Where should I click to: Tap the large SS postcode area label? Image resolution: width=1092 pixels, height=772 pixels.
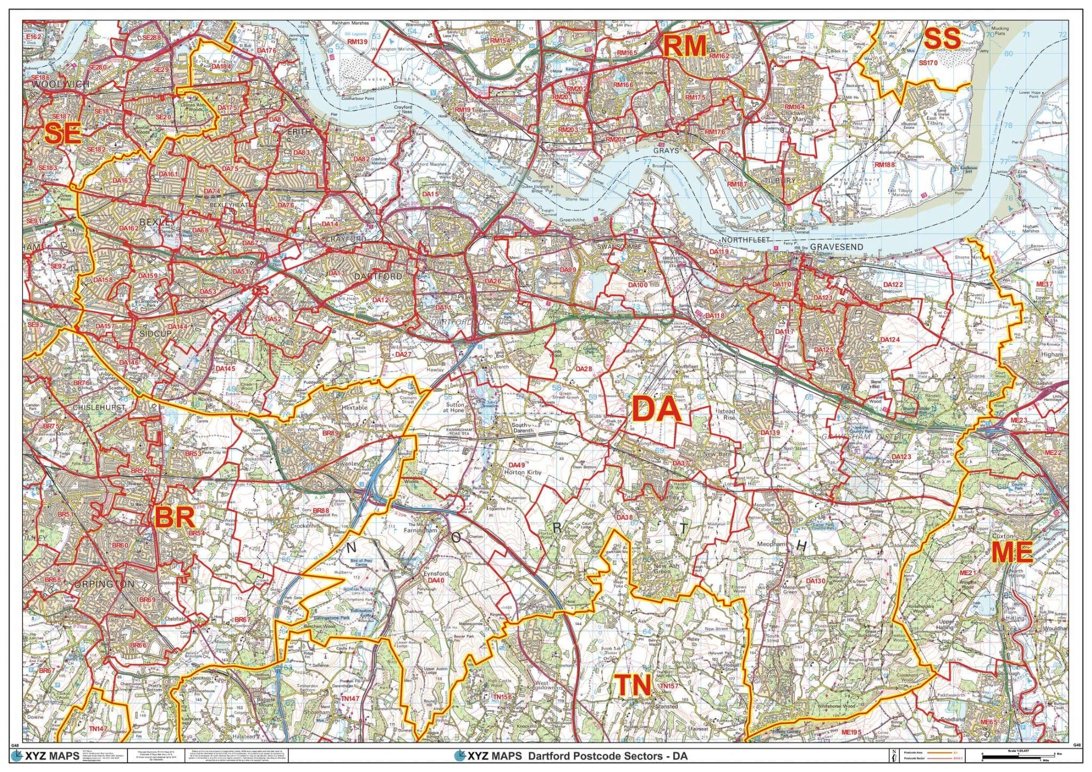[x=942, y=39]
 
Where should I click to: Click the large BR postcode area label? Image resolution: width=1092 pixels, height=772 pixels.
[x=174, y=517]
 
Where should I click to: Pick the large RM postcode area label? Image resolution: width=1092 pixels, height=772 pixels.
[x=685, y=46]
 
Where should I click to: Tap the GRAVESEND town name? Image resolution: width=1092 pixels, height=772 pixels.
[x=836, y=248]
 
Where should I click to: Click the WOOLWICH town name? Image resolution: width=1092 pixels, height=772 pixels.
[x=53, y=85]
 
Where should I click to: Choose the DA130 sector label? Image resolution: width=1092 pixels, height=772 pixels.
[x=816, y=581]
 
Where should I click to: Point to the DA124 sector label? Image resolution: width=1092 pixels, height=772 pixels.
[x=889, y=340]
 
